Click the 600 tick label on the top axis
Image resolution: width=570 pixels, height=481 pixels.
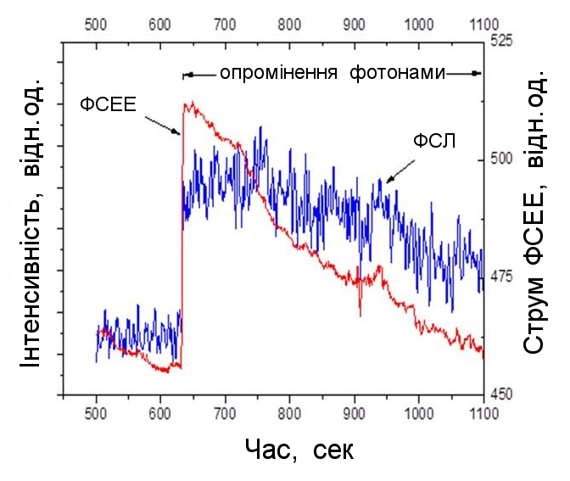[x=160, y=25]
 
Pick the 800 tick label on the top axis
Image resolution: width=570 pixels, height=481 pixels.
[x=289, y=25]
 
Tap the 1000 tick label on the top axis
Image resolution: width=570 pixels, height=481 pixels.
[x=418, y=25]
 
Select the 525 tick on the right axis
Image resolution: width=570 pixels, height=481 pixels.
[x=501, y=40]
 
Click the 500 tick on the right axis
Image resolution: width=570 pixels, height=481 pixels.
[x=501, y=159]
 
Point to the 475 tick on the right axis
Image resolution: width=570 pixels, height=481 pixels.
[x=501, y=277]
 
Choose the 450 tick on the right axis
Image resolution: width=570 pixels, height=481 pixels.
[x=501, y=394]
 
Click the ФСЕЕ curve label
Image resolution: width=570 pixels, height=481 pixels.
[x=109, y=105]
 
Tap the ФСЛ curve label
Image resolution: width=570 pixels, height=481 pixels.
[x=434, y=141]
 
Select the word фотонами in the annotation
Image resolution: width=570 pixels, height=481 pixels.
[x=396, y=73]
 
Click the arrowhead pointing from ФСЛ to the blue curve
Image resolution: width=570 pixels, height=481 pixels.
[x=388, y=181]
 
